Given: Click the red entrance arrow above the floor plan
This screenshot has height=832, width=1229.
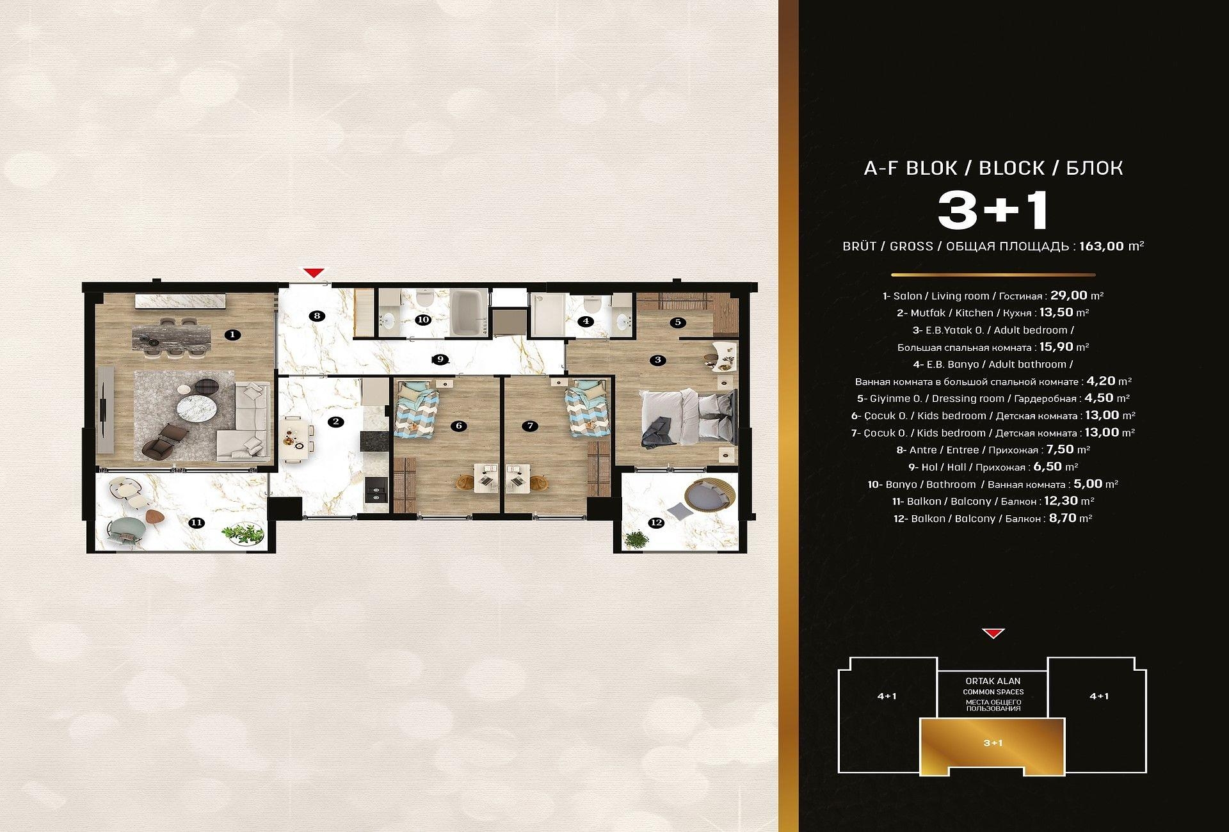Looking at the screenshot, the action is click(x=313, y=273).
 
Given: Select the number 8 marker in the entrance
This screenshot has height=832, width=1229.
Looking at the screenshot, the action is click(x=316, y=315).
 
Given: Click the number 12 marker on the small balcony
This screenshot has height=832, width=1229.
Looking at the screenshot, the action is click(x=656, y=523).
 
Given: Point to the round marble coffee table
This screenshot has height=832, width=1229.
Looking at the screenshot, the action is click(x=198, y=405).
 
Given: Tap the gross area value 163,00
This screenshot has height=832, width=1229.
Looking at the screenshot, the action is click(x=1102, y=246).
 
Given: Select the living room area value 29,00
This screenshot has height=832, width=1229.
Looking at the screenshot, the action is click(x=1069, y=295).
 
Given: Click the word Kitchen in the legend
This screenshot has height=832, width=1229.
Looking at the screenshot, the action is click(x=974, y=313).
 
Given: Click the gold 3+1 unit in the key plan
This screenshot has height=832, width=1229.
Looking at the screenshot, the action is click(x=993, y=746).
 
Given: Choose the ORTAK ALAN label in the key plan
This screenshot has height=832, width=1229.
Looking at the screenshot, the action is click(x=993, y=681).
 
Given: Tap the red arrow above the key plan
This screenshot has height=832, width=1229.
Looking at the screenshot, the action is click(x=993, y=634).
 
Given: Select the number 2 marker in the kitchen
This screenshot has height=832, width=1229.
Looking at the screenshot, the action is click(x=335, y=422).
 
